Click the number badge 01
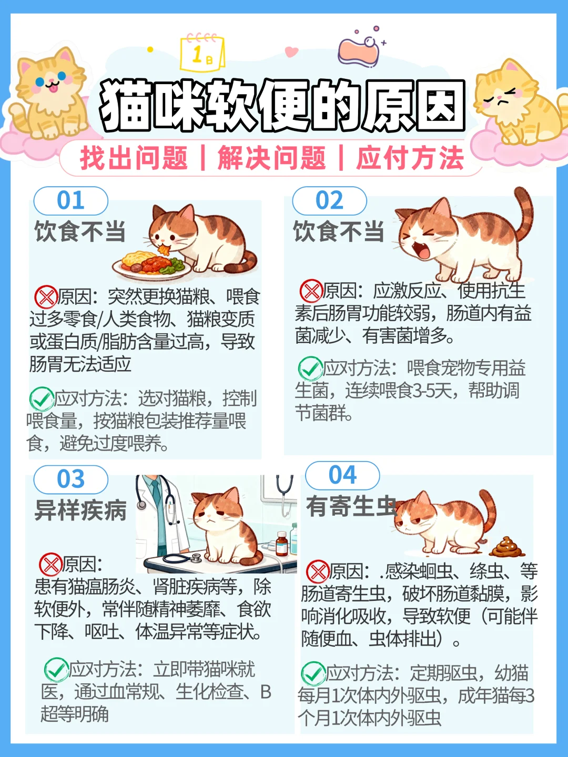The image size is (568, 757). tap(70, 201)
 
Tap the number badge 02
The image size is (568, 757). tap(329, 201)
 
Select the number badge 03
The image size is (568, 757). tap(70, 479)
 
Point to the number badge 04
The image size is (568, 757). tap(342, 475)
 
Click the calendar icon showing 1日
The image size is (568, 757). tap(203, 53)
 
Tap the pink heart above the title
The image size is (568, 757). tap(291, 52)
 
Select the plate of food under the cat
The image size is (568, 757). tap(152, 265)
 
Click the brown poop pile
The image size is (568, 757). tap(507, 547)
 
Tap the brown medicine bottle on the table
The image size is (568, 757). tap(282, 544)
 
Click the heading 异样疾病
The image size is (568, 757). tap(80, 510)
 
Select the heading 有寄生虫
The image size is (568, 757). tap(351, 506)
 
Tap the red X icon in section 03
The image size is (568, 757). tap(50, 564)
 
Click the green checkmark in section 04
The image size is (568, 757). tap(313, 673)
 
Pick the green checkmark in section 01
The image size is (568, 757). tap(42, 398)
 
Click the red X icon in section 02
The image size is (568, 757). tap(311, 291)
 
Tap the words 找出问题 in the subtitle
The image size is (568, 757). tap(134, 158)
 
